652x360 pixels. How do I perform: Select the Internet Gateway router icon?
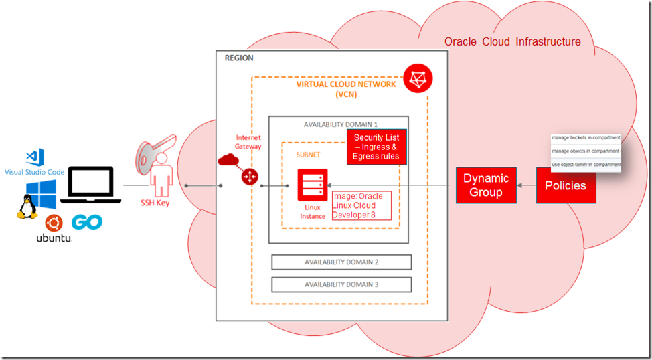(x=250, y=176)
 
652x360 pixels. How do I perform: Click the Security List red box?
(x=376, y=147)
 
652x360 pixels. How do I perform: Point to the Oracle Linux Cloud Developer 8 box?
(x=361, y=205)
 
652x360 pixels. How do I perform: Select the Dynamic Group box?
(x=486, y=185)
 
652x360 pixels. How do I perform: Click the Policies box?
(x=566, y=185)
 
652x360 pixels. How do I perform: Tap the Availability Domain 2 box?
(x=341, y=262)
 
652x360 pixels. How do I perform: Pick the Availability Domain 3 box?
(x=341, y=284)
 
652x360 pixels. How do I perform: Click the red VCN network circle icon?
(x=418, y=78)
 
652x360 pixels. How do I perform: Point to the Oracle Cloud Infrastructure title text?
(x=512, y=42)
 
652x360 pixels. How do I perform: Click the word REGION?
(x=239, y=58)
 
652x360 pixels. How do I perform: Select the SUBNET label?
(x=308, y=155)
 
